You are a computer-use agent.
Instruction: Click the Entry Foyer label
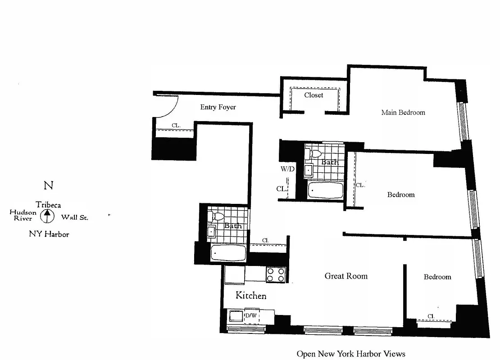218,107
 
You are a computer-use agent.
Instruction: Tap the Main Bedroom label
403,112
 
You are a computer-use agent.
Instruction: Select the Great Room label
346,276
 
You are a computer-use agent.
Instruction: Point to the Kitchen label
251,296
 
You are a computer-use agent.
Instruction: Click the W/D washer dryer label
287,170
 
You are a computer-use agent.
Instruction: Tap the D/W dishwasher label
250,315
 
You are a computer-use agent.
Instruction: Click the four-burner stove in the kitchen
276,274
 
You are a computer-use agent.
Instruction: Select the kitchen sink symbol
235,316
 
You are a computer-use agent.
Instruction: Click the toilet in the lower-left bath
217,216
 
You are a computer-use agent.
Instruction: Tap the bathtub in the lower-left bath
228,252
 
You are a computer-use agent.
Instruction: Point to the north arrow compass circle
46,217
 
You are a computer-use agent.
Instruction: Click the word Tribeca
48,205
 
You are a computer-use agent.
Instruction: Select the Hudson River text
23,215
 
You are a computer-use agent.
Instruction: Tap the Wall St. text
74,217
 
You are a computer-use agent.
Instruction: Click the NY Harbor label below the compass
49,234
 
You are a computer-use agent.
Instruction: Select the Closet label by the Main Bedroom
314,95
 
